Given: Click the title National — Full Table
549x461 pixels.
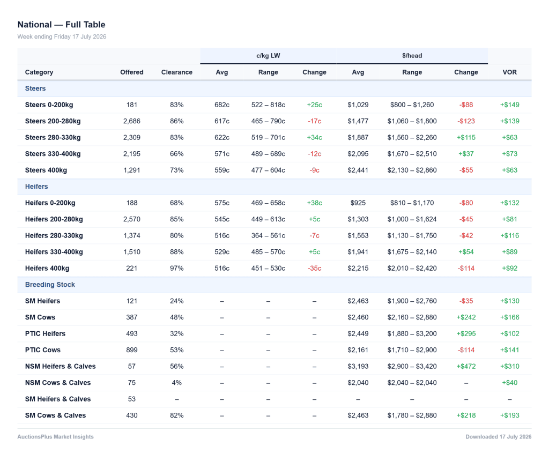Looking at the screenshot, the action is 61,25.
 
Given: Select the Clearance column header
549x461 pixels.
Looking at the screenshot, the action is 177,72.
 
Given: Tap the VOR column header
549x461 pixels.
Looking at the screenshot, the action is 509,72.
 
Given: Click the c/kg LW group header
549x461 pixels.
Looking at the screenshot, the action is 268,56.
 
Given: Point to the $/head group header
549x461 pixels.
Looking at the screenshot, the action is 412,56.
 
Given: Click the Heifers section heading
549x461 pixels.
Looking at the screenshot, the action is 36,187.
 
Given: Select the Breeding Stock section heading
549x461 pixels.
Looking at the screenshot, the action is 50,285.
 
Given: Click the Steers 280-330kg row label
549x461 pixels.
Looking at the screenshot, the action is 53,138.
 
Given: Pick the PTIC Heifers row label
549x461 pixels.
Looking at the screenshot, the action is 45,333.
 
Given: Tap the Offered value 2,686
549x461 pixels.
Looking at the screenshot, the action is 132,121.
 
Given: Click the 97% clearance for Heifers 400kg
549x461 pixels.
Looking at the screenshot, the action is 177,268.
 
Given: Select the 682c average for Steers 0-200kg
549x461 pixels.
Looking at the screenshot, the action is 222,105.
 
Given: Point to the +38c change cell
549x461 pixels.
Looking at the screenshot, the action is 314,203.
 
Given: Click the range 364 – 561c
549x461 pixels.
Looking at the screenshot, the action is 268,235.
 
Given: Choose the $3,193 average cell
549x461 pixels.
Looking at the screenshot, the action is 358,366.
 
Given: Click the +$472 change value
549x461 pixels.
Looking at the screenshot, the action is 466,366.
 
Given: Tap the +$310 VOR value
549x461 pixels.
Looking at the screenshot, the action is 509,366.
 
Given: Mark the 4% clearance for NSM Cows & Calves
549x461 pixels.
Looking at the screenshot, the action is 177,383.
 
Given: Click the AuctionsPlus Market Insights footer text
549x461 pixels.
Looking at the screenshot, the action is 56,437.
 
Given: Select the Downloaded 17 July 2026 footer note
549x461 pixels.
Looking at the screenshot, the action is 498,437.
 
